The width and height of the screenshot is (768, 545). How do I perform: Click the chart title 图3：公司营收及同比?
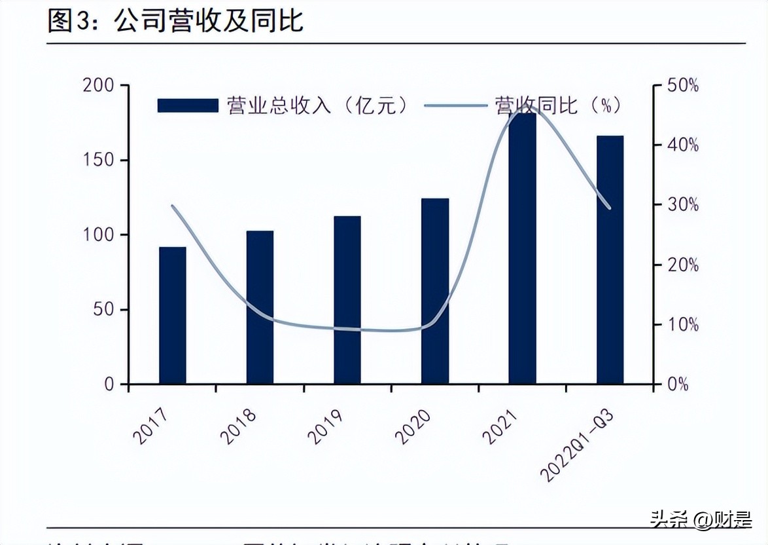175,21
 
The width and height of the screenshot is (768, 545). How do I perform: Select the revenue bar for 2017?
173,315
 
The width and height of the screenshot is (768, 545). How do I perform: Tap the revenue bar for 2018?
260,307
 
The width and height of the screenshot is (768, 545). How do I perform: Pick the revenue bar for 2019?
347,299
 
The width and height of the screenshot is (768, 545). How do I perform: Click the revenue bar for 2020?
435,291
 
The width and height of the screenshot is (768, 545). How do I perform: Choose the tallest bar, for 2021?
522,249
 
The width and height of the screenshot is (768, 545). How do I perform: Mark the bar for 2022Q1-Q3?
610,259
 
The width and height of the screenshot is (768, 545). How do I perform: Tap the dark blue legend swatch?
188,105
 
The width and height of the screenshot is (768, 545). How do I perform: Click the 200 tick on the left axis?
98,86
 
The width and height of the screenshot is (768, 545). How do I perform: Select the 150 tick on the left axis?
98,160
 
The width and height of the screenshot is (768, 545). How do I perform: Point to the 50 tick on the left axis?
103,309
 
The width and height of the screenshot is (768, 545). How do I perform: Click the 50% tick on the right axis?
683,86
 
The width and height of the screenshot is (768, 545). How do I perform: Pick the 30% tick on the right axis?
683,205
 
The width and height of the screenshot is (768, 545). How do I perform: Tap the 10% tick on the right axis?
683,325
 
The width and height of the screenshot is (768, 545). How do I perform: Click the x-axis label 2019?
325,426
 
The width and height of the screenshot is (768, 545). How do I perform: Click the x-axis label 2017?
150,426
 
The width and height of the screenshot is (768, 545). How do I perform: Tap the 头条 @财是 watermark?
701,521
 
